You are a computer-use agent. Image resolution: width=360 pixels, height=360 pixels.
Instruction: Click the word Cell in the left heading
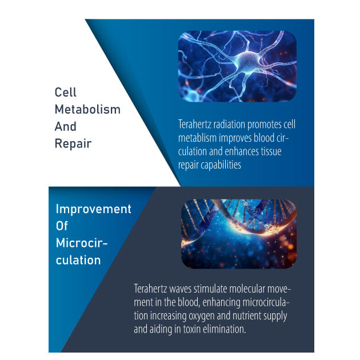coord(66,93)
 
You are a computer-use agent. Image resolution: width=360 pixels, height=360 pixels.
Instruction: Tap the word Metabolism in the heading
coord(87,109)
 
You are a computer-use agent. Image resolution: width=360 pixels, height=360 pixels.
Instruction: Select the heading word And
coord(66,126)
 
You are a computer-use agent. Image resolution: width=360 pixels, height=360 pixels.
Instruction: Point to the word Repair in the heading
coord(73,144)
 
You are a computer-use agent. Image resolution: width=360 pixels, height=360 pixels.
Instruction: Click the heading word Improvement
coord(94,209)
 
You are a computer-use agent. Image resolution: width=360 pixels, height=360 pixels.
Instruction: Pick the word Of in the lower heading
coord(62,226)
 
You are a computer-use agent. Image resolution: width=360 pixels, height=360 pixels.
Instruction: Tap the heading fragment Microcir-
coord(82,243)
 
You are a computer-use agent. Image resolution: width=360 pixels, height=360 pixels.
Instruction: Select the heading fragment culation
coord(78,260)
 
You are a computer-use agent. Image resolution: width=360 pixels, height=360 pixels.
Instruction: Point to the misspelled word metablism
coord(198,138)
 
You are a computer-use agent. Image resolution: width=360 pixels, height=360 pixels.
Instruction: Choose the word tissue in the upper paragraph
coord(271,151)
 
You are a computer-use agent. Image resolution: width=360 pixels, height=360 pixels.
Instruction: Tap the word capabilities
coord(221,165)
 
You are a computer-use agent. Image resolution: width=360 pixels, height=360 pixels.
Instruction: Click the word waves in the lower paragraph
coord(180,289)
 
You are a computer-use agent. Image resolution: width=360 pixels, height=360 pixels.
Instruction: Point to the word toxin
coord(192,329)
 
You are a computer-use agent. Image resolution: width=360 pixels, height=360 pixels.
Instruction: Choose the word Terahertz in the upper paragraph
coord(195,125)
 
